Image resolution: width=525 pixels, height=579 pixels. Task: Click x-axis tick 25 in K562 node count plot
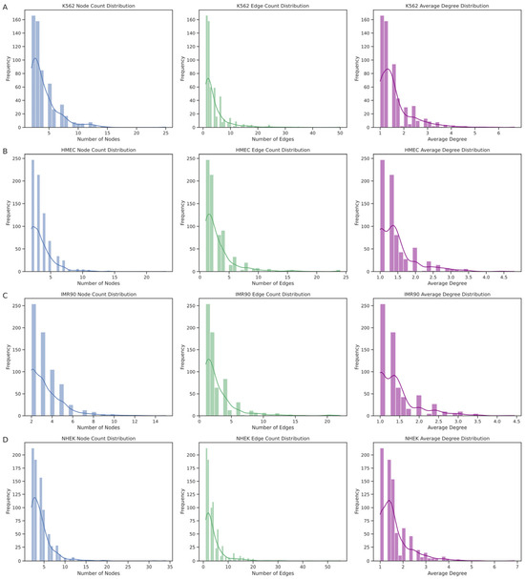pyautogui.click(x=166, y=133)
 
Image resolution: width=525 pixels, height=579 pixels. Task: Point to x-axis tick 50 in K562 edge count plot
pyautogui.click(x=341, y=133)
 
